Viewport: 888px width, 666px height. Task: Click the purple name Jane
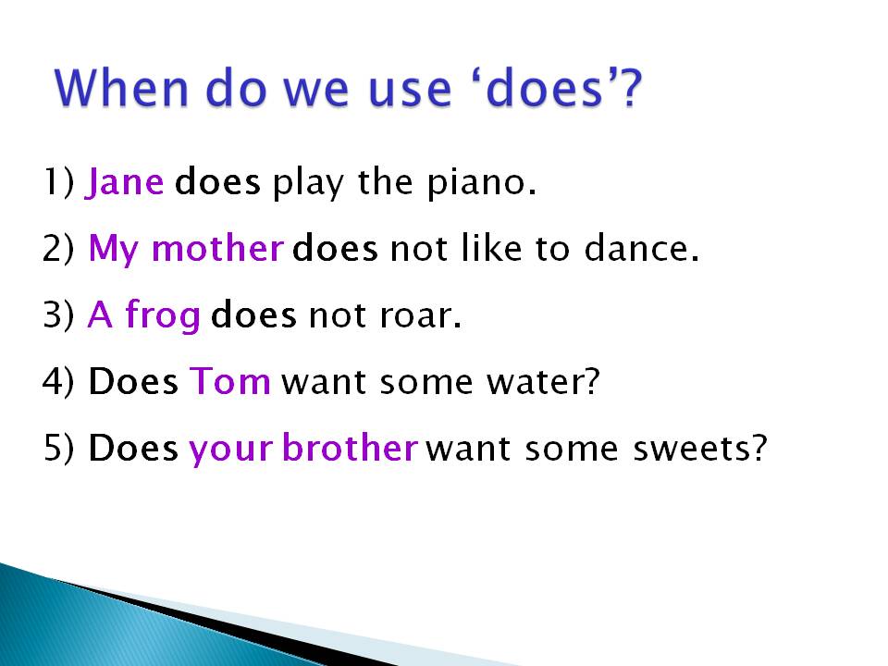pos(125,183)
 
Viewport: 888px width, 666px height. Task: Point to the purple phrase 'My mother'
pos(185,250)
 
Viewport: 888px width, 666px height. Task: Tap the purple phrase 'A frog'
pos(144,317)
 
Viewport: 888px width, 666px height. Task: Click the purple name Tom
pos(229,382)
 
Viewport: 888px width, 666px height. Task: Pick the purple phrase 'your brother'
pos(303,449)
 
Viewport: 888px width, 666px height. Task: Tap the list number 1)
pos(57,183)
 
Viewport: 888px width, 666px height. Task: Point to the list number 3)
pos(57,317)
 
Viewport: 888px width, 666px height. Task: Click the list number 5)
pos(57,449)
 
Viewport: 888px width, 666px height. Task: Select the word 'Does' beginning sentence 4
pos(133,382)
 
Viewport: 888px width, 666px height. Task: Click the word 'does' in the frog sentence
pos(253,317)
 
